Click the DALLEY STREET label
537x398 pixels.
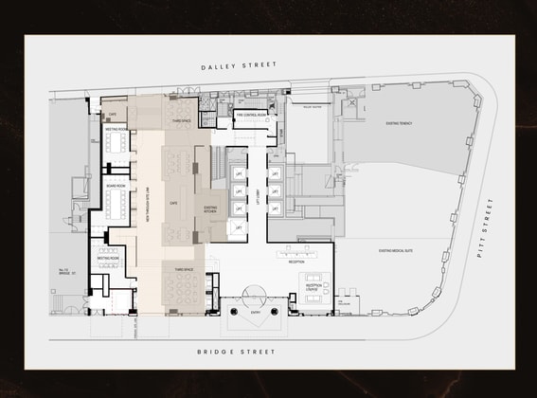(238, 65)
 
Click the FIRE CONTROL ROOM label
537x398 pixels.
(251, 114)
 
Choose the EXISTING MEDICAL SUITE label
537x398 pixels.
(399, 251)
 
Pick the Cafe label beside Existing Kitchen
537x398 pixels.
(173, 202)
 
